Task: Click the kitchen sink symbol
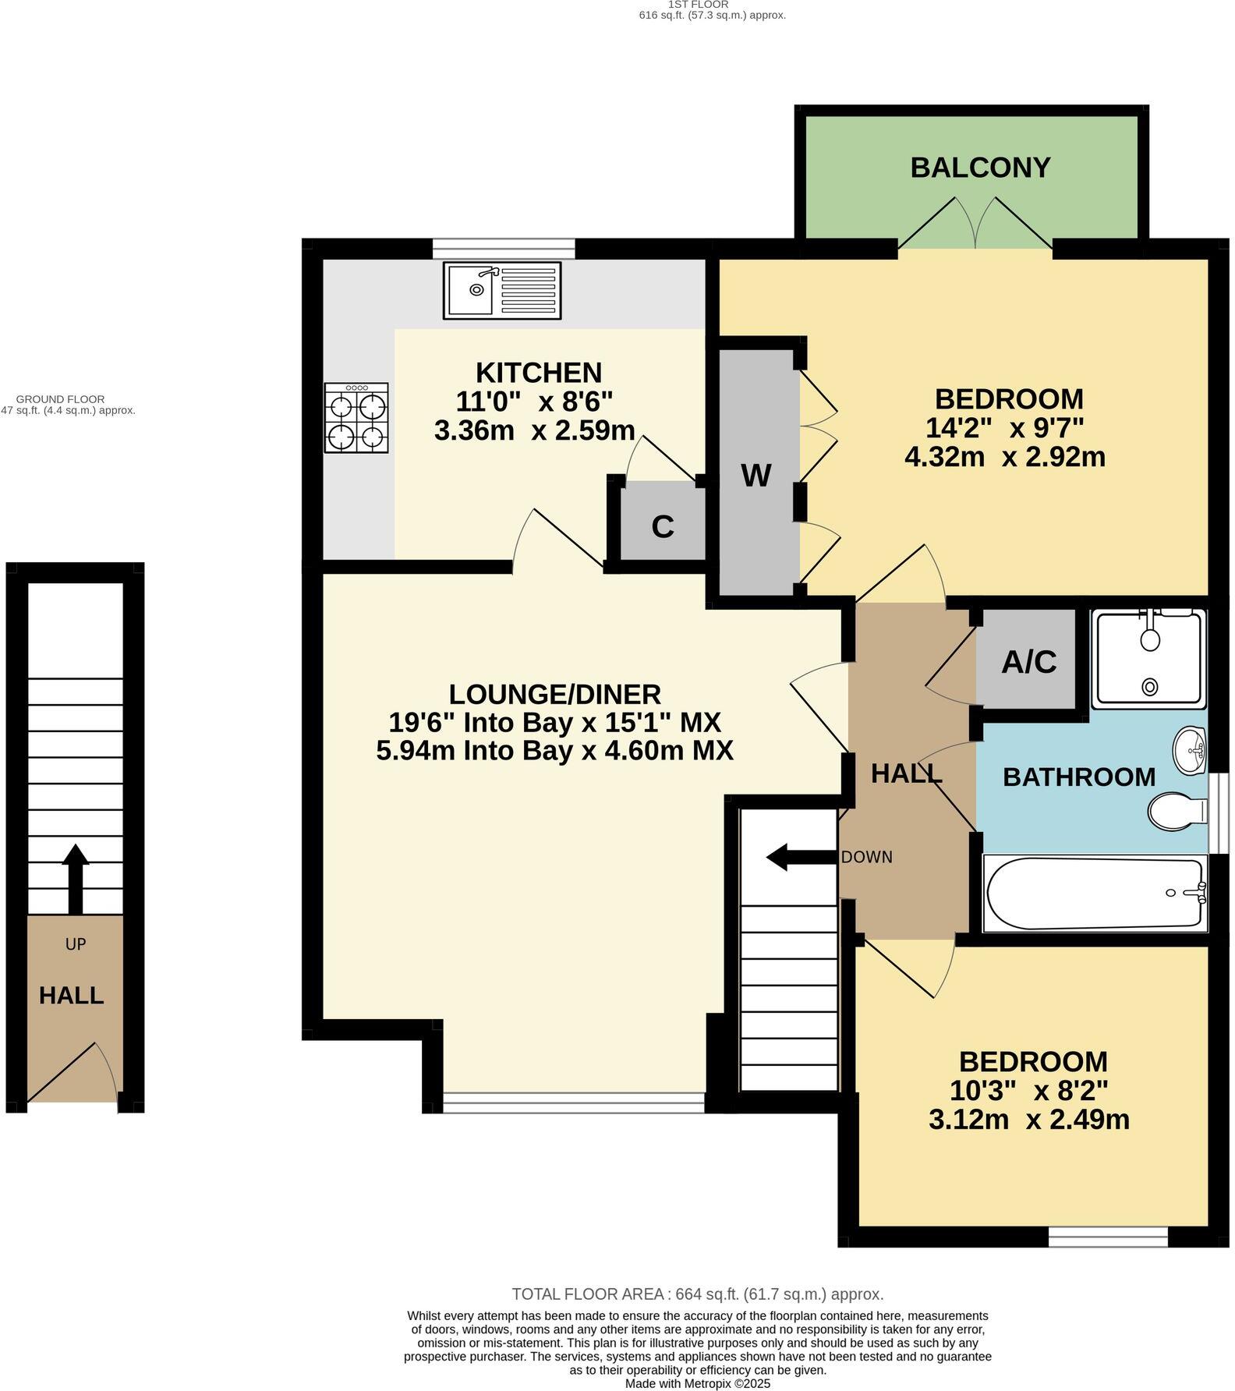click(x=502, y=290)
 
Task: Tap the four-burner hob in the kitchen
click(x=356, y=418)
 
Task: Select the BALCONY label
click(x=980, y=168)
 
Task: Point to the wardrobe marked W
click(x=756, y=474)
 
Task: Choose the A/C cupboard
click(x=1028, y=662)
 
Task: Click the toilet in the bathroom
click(x=1177, y=811)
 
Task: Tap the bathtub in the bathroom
click(x=1095, y=894)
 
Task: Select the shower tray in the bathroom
click(x=1148, y=660)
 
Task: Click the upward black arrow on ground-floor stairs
click(x=76, y=878)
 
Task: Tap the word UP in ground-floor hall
click(x=76, y=944)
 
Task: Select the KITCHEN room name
click(x=539, y=372)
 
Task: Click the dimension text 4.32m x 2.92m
click(x=1005, y=456)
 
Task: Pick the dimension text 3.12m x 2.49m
click(x=1028, y=1120)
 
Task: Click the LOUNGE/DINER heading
click(x=554, y=693)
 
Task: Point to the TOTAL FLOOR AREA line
click(x=697, y=1294)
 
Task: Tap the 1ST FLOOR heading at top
click(x=698, y=5)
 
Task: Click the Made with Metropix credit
click(x=697, y=1383)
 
